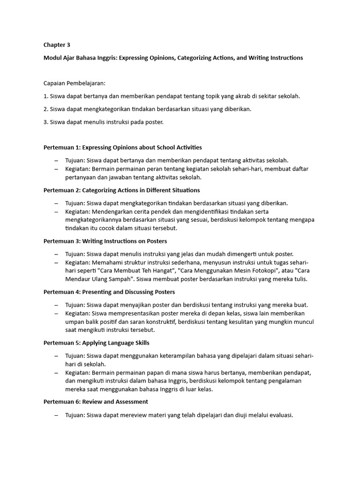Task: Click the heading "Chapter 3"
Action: [x=57, y=45]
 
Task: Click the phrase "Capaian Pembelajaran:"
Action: [x=75, y=83]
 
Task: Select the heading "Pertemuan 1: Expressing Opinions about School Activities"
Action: [x=123, y=147]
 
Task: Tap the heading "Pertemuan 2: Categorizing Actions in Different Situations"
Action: [x=121, y=190]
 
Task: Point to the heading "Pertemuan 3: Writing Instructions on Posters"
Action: [x=105, y=241]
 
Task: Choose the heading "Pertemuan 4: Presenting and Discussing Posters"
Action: [x=109, y=292]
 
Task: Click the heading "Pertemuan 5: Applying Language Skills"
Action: [x=97, y=343]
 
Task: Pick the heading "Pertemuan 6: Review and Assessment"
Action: [x=96, y=402]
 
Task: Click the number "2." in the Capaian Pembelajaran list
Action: [x=46, y=109]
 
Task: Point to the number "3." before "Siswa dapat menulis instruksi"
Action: [x=46, y=122]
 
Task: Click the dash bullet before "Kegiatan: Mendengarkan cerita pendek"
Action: [x=56, y=211]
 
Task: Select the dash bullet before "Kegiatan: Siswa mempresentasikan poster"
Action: [x=56, y=313]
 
